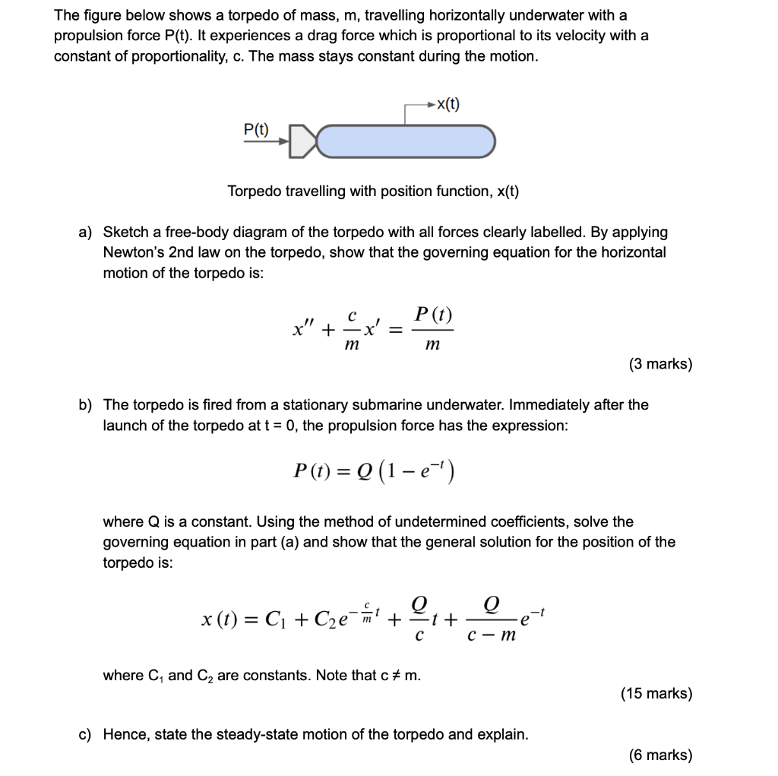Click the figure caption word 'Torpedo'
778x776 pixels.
pyautogui.click(x=255, y=191)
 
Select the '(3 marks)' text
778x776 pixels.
pyautogui.click(x=660, y=364)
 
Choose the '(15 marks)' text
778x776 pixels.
pyautogui.click(x=656, y=693)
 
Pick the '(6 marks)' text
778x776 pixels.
pyautogui.click(x=660, y=755)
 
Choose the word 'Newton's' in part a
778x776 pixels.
pyautogui.click(x=131, y=252)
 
